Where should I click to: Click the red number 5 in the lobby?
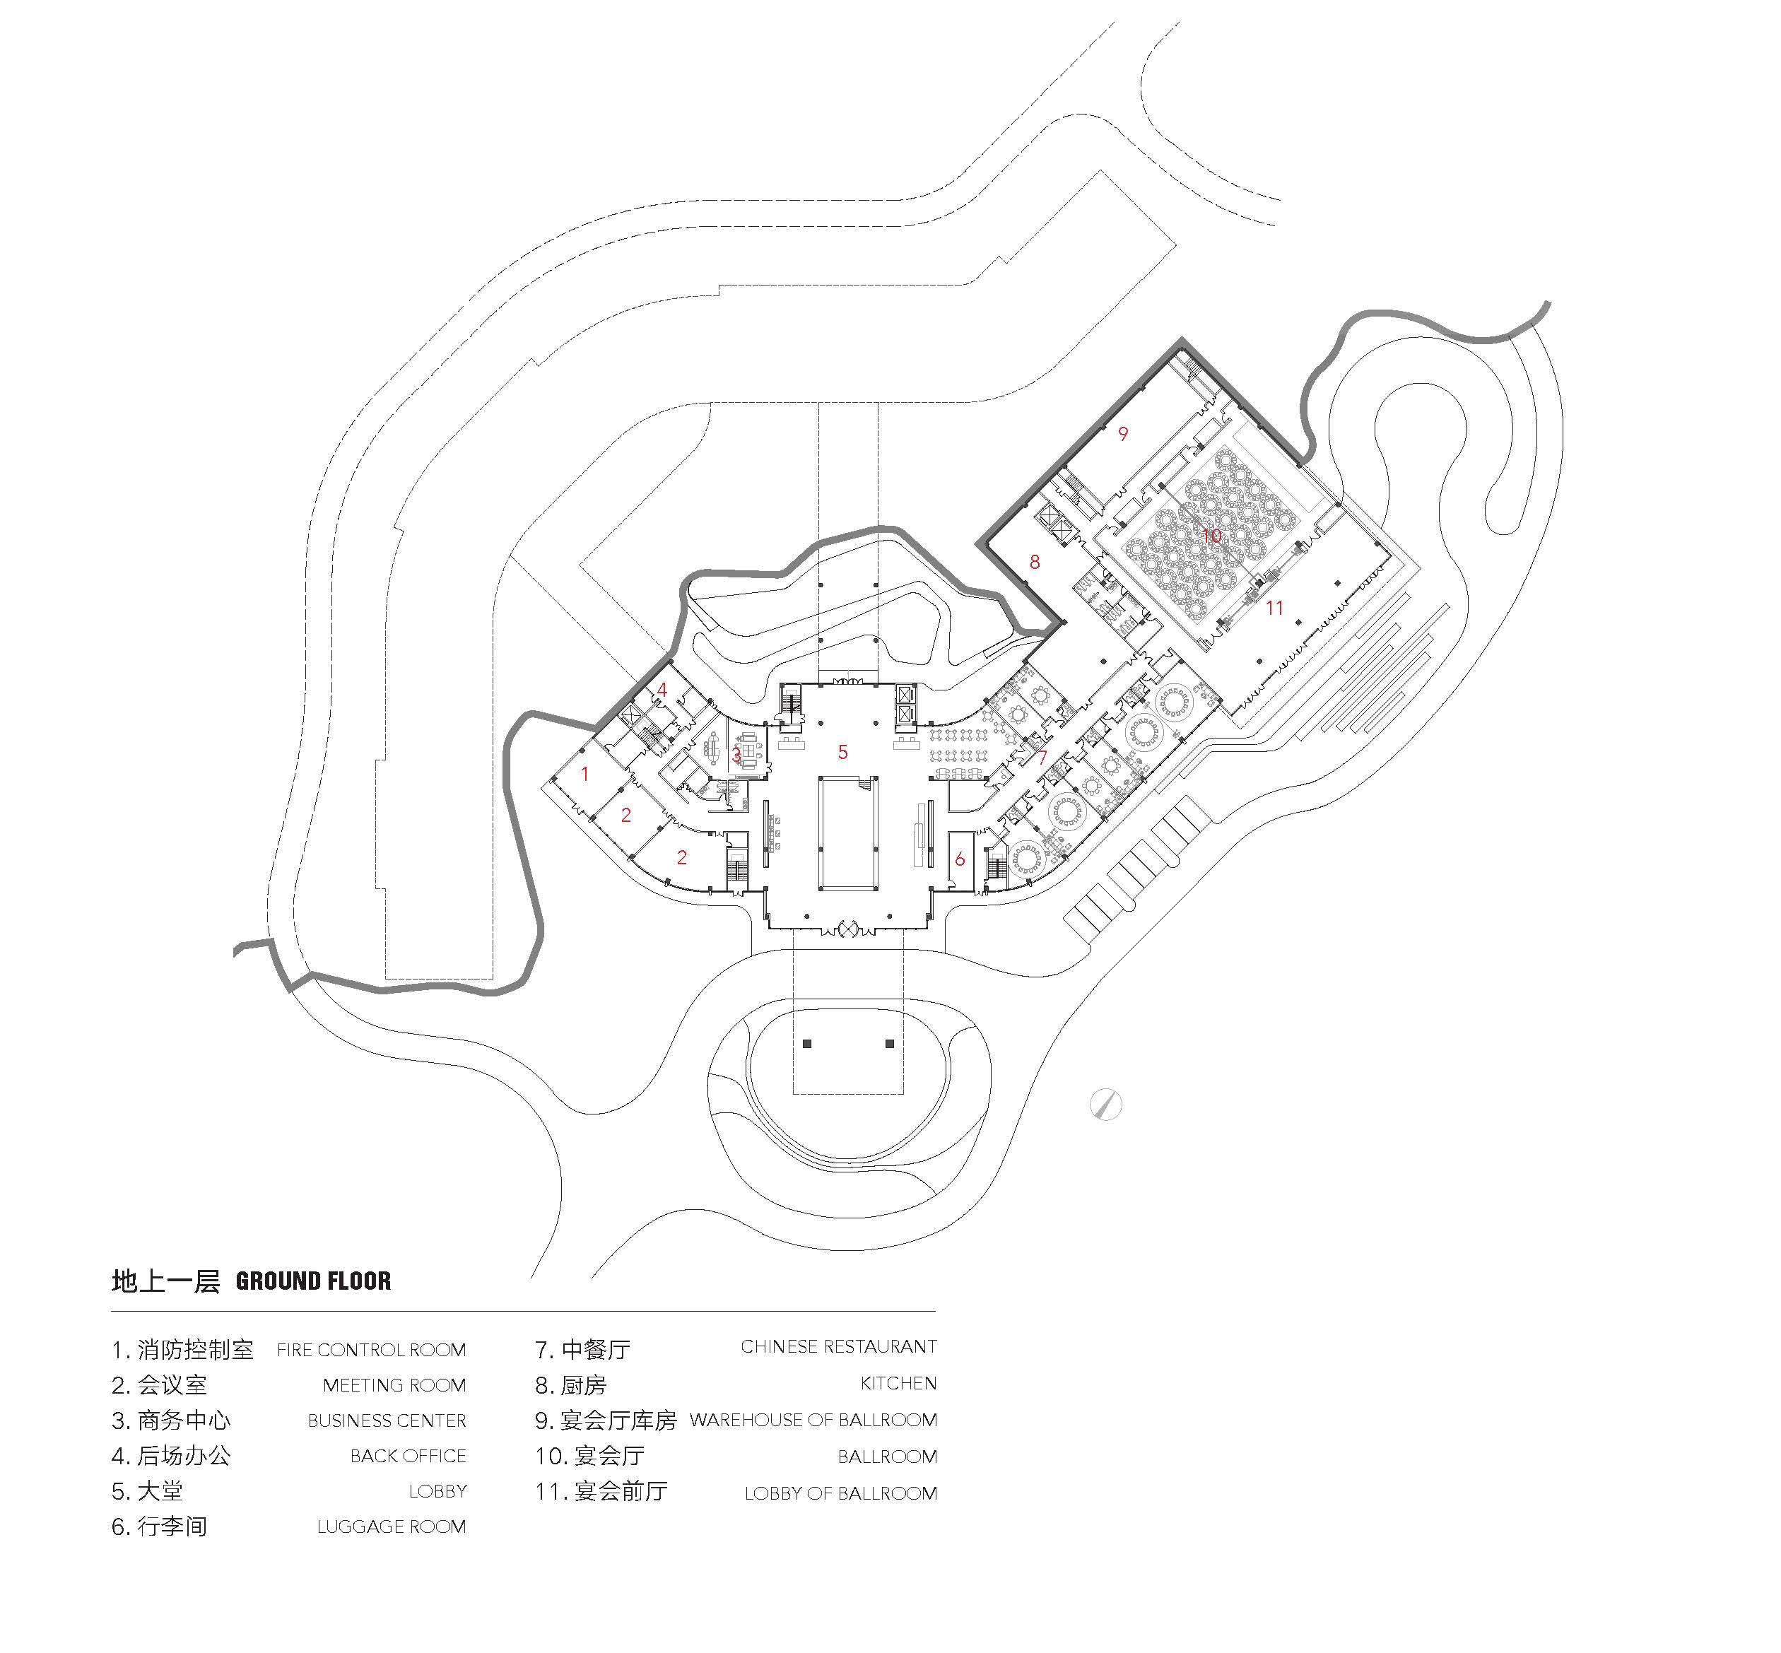pyautogui.click(x=842, y=752)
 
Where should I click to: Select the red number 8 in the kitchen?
pyautogui.click(x=1035, y=563)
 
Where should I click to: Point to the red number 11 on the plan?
pyautogui.click(x=1275, y=609)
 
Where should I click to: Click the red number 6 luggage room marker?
pyautogui.click(x=960, y=859)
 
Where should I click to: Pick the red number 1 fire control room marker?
pyautogui.click(x=585, y=774)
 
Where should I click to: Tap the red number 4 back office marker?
pyautogui.click(x=662, y=690)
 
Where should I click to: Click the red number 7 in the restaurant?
pyautogui.click(x=1043, y=758)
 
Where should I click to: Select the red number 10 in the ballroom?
pyautogui.click(x=1211, y=536)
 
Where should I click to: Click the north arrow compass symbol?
pyautogui.click(x=1107, y=1105)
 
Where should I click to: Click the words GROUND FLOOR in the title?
pyautogui.click(x=313, y=1281)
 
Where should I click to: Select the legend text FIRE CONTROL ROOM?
pyautogui.click(x=371, y=1350)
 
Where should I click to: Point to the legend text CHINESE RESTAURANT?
pyautogui.click(x=839, y=1347)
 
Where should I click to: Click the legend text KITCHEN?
pyautogui.click(x=898, y=1384)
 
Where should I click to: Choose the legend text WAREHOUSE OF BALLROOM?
pyautogui.click(x=813, y=1420)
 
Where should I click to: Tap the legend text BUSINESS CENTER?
pyautogui.click(x=387, y=1421)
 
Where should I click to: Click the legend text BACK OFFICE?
pyautogui.click(x=408, y=1457)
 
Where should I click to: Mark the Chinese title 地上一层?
pyautogui.click(x=165, y=1281)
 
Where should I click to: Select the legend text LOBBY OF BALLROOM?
pyautogui.click(x=841, y=1494)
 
